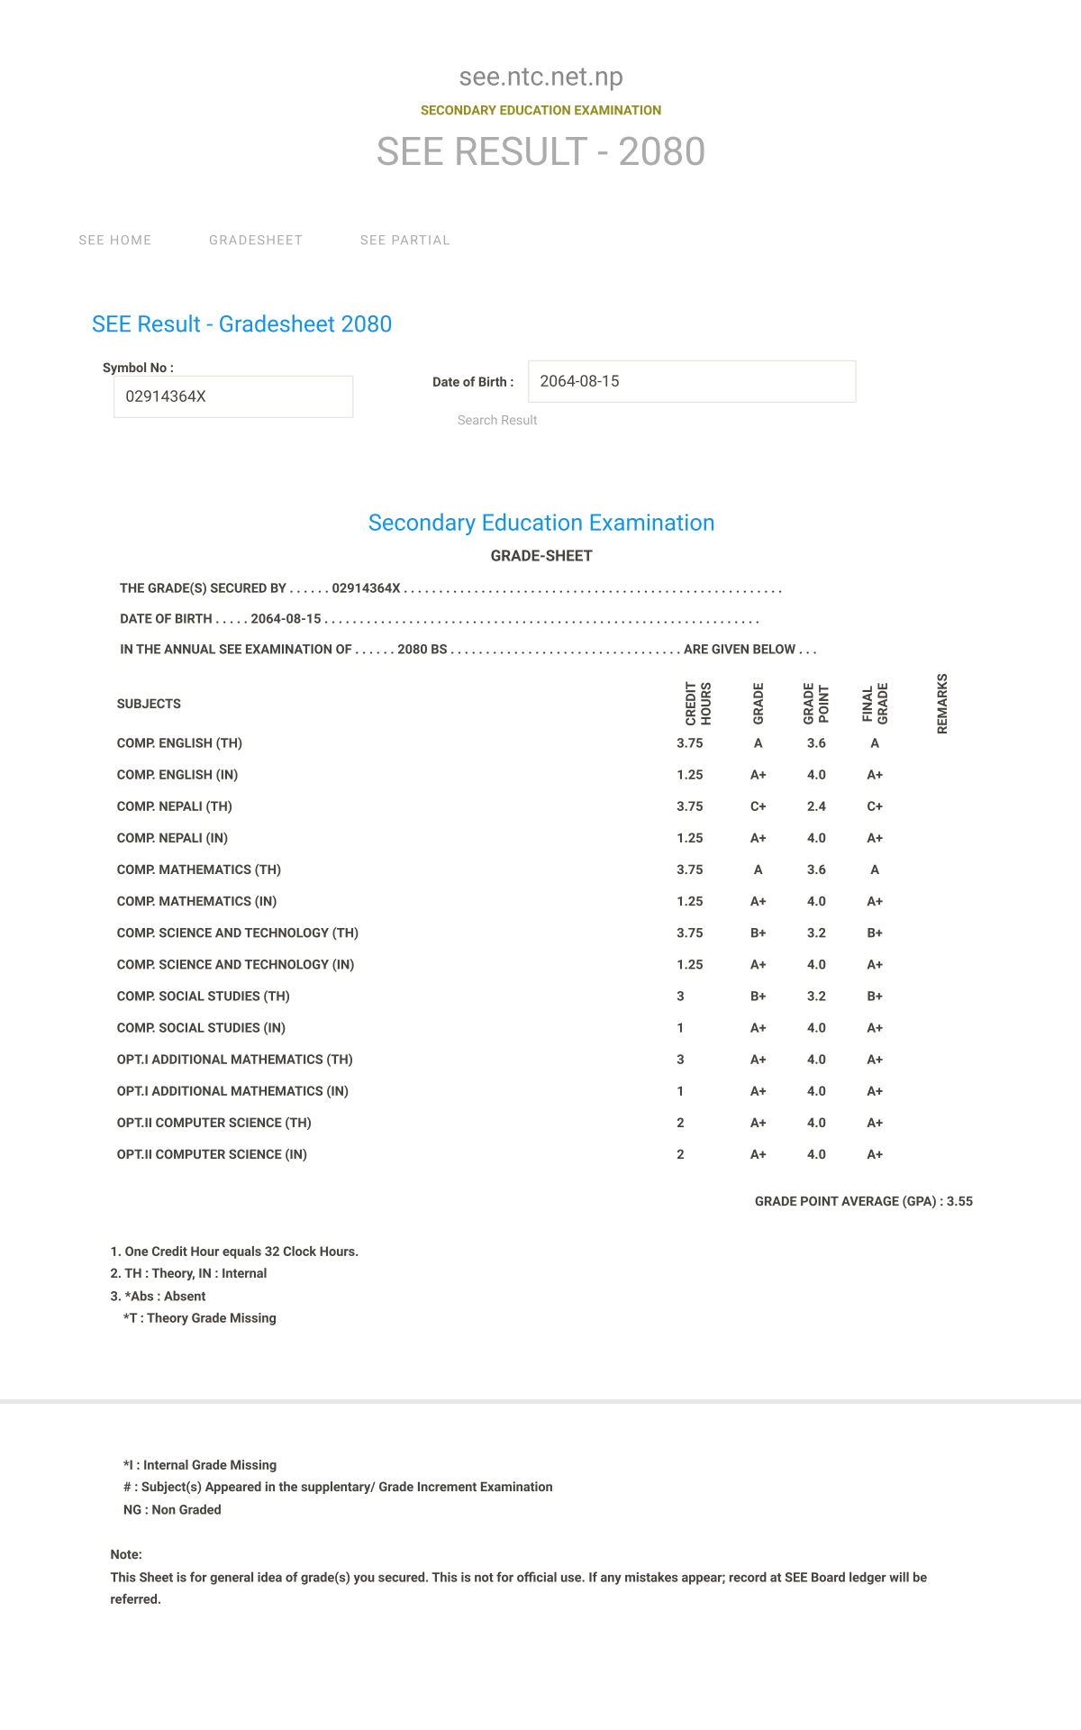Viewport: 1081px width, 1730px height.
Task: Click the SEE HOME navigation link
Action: (115, 241)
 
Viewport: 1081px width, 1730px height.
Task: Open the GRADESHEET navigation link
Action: (256, 241)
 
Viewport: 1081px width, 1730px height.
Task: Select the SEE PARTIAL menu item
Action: (404, 241)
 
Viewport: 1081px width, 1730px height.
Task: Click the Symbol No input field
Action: (233, 396)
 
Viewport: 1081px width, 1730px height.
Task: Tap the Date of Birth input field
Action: (691, 381)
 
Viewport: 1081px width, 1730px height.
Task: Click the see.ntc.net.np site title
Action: (540, 77)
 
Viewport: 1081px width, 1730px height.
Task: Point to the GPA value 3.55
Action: (959, 1201)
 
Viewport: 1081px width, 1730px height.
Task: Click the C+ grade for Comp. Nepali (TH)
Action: (758, 806)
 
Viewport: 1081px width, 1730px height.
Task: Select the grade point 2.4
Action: (816, 806)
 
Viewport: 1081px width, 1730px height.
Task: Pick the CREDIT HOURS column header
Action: (698, 704)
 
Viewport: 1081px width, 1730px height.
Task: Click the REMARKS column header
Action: (942, 704)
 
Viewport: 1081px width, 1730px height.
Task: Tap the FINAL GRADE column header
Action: (875, 704)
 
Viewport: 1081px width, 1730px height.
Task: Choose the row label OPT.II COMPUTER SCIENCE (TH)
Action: (214, 1123)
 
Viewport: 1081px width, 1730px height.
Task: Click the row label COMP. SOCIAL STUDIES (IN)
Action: (201, 1028)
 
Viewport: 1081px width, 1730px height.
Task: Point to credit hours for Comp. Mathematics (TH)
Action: (689, 870)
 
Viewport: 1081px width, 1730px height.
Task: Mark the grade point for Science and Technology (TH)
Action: (816, 933)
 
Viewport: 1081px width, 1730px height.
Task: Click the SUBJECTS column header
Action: (149, 704)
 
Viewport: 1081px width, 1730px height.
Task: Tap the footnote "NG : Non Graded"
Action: (172, 1509)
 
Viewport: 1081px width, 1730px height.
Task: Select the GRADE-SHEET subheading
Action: (541, 556)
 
